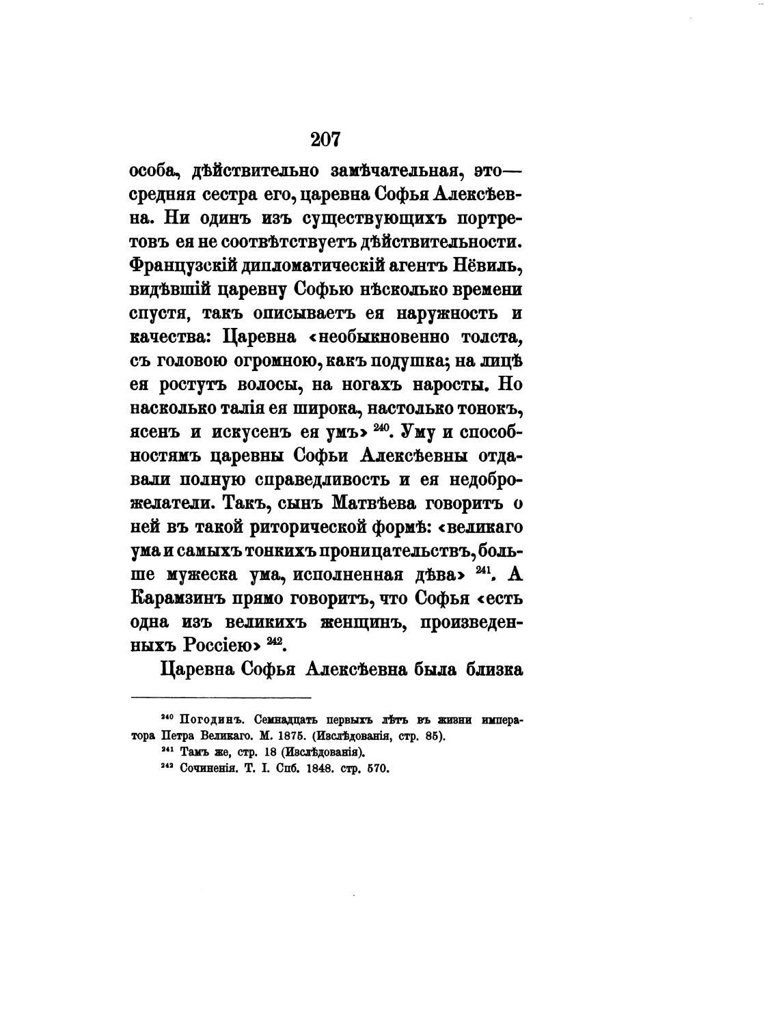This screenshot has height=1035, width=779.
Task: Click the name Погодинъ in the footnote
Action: [206, 721]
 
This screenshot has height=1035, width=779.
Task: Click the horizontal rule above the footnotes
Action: [221, 697]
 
